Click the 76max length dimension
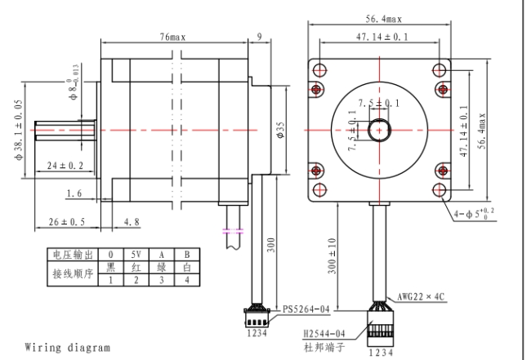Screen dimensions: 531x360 tap(172, 37)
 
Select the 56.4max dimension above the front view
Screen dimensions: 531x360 tap(384, 19)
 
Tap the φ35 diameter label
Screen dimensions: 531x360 tap(280, 130)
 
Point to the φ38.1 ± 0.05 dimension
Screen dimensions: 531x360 tap(19, 130)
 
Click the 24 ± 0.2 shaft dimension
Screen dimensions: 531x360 tap(65, 166)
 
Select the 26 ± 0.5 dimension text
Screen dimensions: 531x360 tap(67, 221)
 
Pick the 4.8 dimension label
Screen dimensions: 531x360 tap(132, 221)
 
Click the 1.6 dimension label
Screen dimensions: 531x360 tap(74, 193)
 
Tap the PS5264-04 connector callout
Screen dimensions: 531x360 tap(306, 309)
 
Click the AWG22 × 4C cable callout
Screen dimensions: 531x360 tap(420, 296)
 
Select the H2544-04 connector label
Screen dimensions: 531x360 tap(324, 334)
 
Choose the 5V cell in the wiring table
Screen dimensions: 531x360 tap(136, 255)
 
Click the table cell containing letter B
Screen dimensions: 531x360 tap(187, 255)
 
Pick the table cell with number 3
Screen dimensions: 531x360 tap(162, 280)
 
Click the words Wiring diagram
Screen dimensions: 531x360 tap(67, 348)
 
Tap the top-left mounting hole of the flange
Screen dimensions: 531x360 tap(319, 70)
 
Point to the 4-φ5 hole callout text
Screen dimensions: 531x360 tap(474, 213)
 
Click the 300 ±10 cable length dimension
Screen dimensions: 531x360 tap(332, 256)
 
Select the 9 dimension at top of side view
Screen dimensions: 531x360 tap(260, 37)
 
